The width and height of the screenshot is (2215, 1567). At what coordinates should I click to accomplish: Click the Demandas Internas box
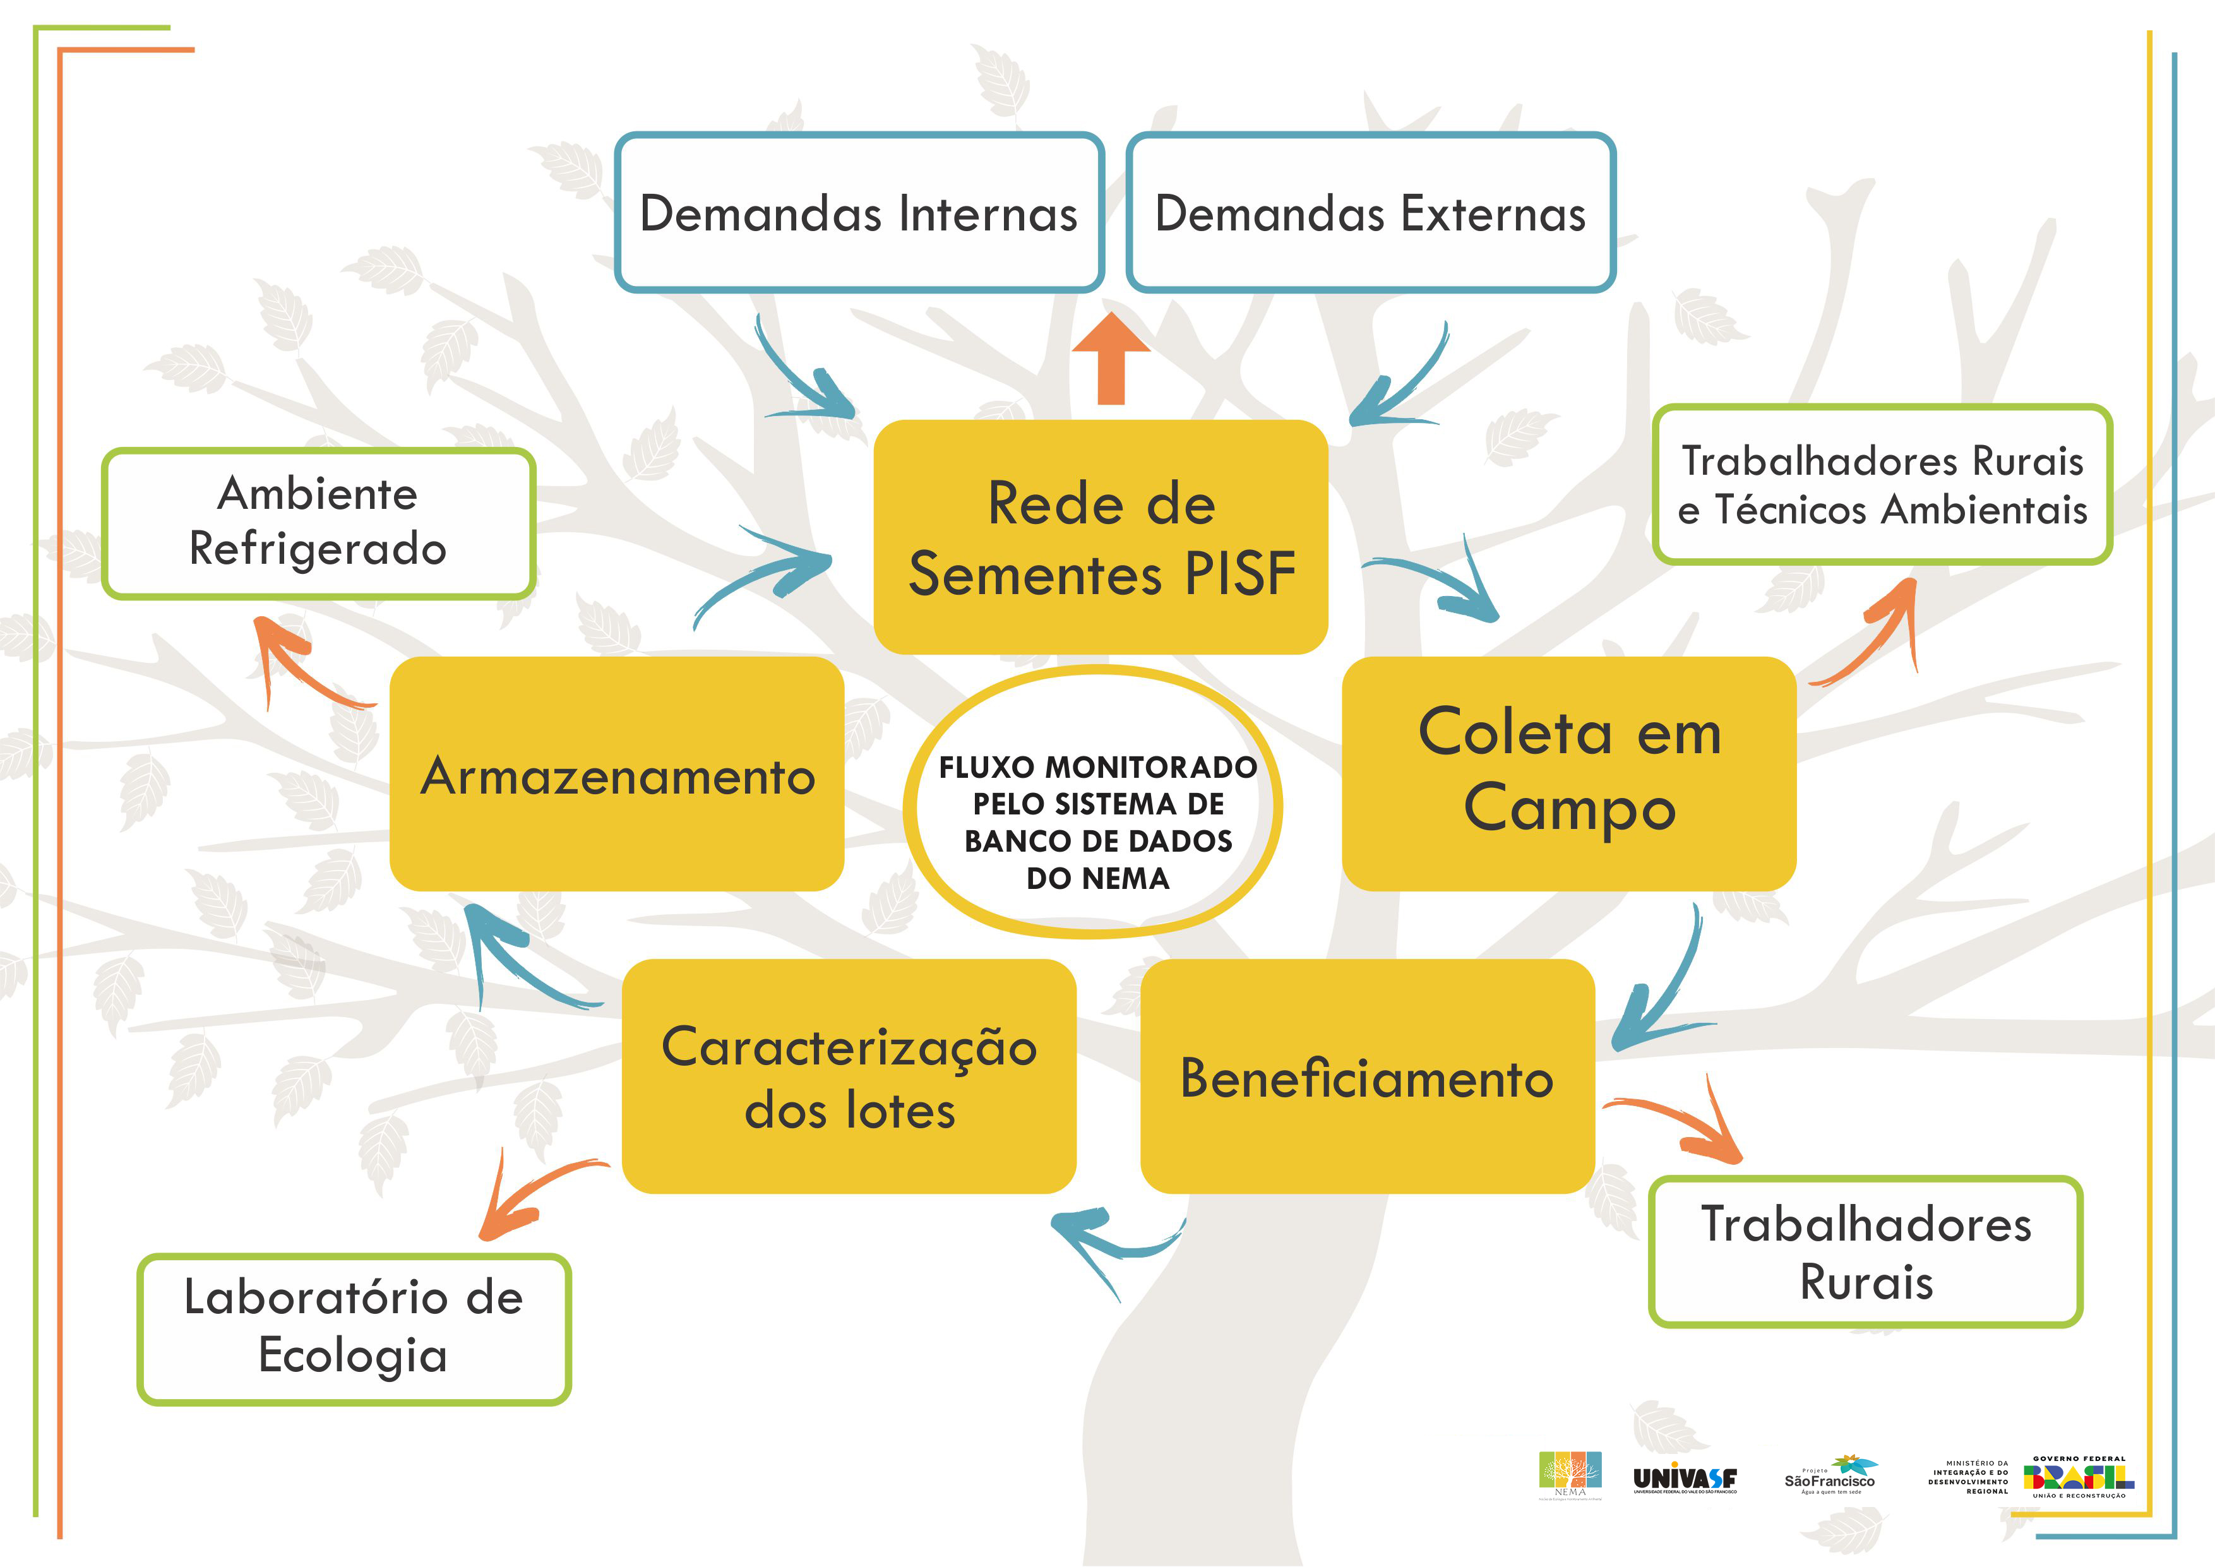pos(859,212)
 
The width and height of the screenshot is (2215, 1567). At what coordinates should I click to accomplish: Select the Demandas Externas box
pos(1370,212)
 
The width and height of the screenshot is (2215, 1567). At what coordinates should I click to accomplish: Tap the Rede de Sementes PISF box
pos(1101,537)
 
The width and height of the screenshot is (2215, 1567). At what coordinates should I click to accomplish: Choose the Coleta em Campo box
pos(1568,773)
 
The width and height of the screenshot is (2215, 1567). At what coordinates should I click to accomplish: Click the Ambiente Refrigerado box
pos(318,522)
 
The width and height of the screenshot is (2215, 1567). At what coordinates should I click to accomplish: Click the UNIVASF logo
pos(1685,1478)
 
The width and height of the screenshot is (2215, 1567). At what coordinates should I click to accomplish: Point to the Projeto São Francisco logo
pos(1829,1476)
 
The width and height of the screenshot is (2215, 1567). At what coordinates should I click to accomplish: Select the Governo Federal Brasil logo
pos(2079,1476)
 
